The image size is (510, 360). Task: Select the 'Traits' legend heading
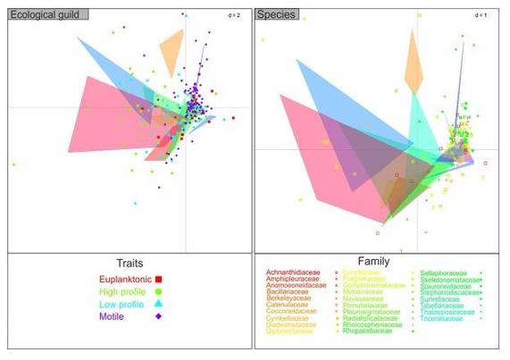129,264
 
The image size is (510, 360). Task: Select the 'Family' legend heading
377,261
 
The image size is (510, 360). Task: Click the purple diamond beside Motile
158,316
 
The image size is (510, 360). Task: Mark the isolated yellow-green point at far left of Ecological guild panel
13,164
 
